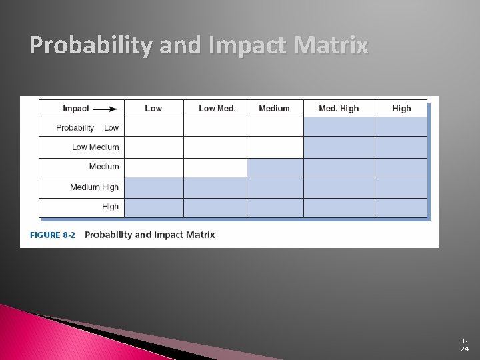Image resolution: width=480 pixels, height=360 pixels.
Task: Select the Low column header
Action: tap(153, 109)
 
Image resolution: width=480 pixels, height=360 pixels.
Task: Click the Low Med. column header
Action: tap(217, 109)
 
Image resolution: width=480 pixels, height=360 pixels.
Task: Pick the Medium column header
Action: tap(274, 109)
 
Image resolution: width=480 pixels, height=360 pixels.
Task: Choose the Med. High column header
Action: tap(339, 109)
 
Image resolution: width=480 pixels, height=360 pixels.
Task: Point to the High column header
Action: tap(401, 109)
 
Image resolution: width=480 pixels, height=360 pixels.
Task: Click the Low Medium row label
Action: tap(95, 147)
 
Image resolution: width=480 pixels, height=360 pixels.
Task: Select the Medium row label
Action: tap(104, 167)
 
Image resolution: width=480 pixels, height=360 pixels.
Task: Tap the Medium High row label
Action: tap(94, 187)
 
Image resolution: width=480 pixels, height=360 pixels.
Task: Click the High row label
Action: tap(110, 207)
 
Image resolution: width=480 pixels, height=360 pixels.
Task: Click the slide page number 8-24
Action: tap(463, 345)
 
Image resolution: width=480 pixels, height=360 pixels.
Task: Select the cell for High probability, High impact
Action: tap(401, 207)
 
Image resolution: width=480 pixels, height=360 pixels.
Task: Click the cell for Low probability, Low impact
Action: tap(154, 127)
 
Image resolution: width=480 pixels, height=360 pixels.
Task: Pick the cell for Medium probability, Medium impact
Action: tap(275, 167)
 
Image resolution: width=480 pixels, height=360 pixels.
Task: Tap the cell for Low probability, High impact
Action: tap(401, 127)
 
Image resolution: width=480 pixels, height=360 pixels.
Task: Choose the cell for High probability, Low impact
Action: tap(154, 207)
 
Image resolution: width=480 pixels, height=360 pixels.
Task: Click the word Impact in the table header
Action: tap(76, 109)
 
